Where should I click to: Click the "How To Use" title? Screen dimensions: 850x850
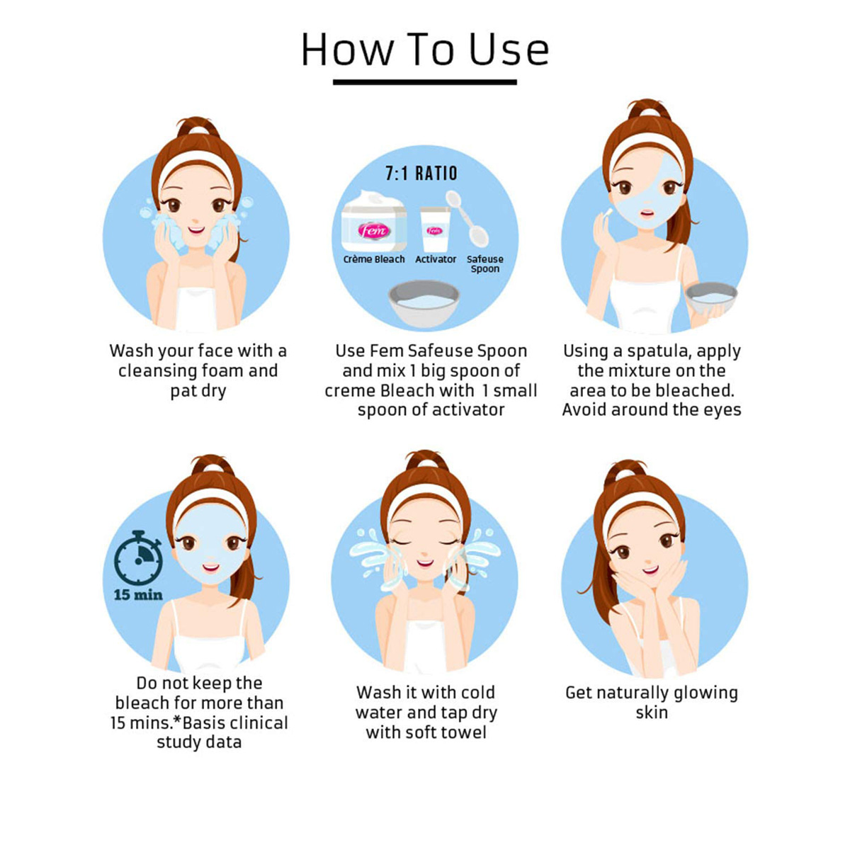tap(425, 49)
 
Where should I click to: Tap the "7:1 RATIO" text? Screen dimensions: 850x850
tap(421, 174)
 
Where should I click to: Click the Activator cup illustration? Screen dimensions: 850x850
tap(436, 229)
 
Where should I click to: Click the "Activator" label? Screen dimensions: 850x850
tap(436, 259)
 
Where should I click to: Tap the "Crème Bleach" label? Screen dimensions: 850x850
tap(374, 259)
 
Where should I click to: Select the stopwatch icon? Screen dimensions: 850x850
tap(138, 558)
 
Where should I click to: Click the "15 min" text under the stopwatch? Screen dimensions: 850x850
tap(138, 595)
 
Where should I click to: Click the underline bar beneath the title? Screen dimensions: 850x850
tap(425, 82)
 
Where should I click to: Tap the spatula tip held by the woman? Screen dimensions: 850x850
tap(609, 212)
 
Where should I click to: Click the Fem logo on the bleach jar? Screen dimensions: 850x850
tap(374, 229)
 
